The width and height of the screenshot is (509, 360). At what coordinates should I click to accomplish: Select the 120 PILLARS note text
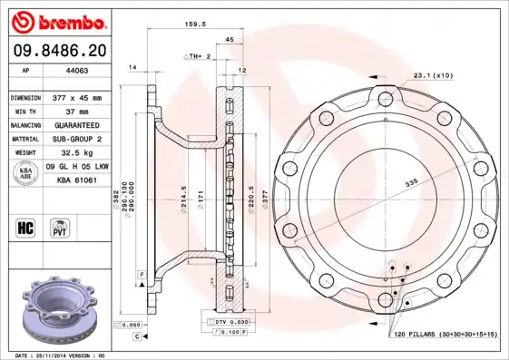coord(445,335)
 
